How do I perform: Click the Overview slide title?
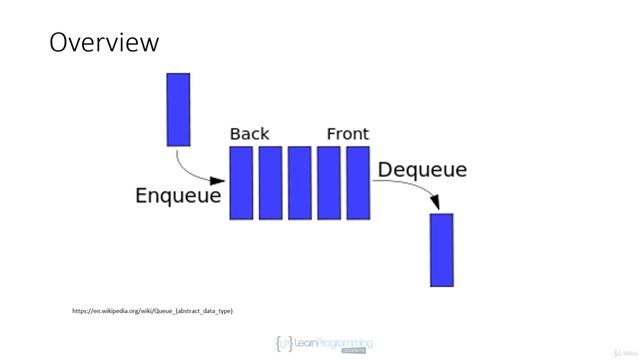(104, 43)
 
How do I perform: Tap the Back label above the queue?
(249, 134)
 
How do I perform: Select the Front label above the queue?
(347, 134)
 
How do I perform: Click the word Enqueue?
(178, 195)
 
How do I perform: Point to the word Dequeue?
(421, 170)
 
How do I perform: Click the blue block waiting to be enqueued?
(178, 109)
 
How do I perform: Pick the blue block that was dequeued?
(441, 250)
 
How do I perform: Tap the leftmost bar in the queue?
(241, 183)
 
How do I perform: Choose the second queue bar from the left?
(270, 183)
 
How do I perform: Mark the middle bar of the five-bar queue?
(299, 183)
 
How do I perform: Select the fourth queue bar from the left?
(328, 183)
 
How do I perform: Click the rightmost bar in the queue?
(357, 183)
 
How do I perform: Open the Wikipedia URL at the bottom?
(152, 311)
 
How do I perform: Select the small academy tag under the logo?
(353, 352)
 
